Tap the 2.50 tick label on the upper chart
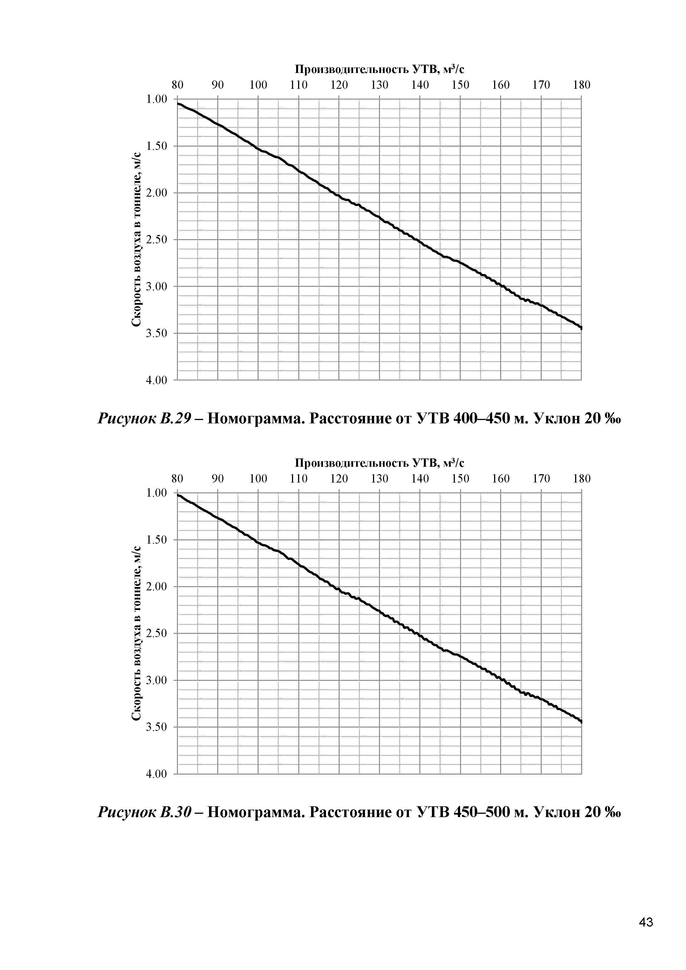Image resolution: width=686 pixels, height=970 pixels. (156, 239)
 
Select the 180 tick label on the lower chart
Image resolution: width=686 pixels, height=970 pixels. (582, 479)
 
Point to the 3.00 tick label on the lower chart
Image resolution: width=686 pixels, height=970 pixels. (156, 680)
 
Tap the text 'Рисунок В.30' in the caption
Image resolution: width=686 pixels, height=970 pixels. (145, 812)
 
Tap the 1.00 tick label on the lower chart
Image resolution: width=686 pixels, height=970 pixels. (156, 493)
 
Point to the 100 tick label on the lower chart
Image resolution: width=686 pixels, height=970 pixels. (258, 479)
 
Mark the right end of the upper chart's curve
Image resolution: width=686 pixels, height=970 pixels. (581, 328)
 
